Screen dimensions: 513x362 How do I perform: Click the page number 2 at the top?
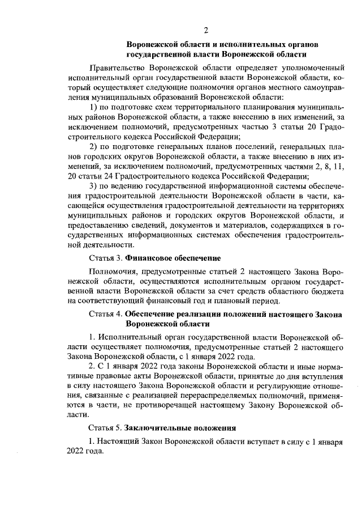[x=207, y=29]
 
